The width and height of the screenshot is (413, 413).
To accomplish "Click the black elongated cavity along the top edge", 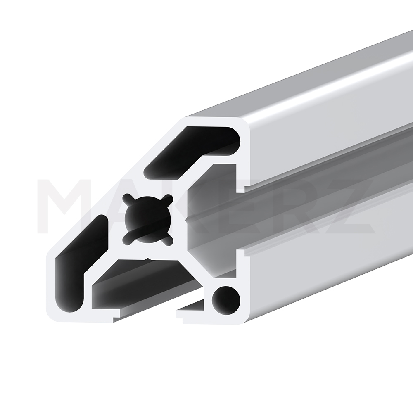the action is click(192, 153).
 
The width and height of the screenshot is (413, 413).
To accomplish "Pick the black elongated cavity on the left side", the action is click(82, 263).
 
